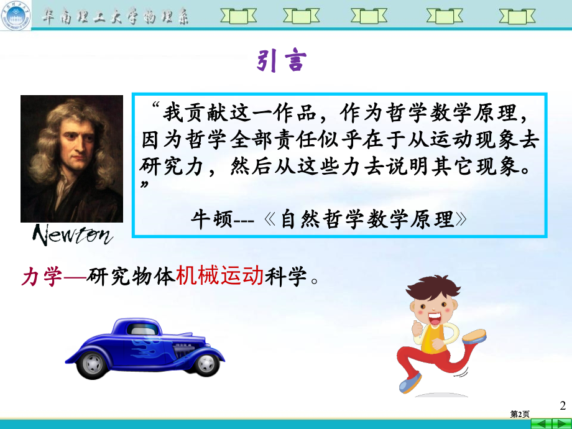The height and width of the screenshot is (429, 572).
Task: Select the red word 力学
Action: (x=42, y=276)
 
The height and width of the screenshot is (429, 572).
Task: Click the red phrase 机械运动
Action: (x=220, y=276)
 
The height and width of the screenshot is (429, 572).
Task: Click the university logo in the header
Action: (x=16, y=16)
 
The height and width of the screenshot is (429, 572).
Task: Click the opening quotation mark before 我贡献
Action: (x=155, y=108)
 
